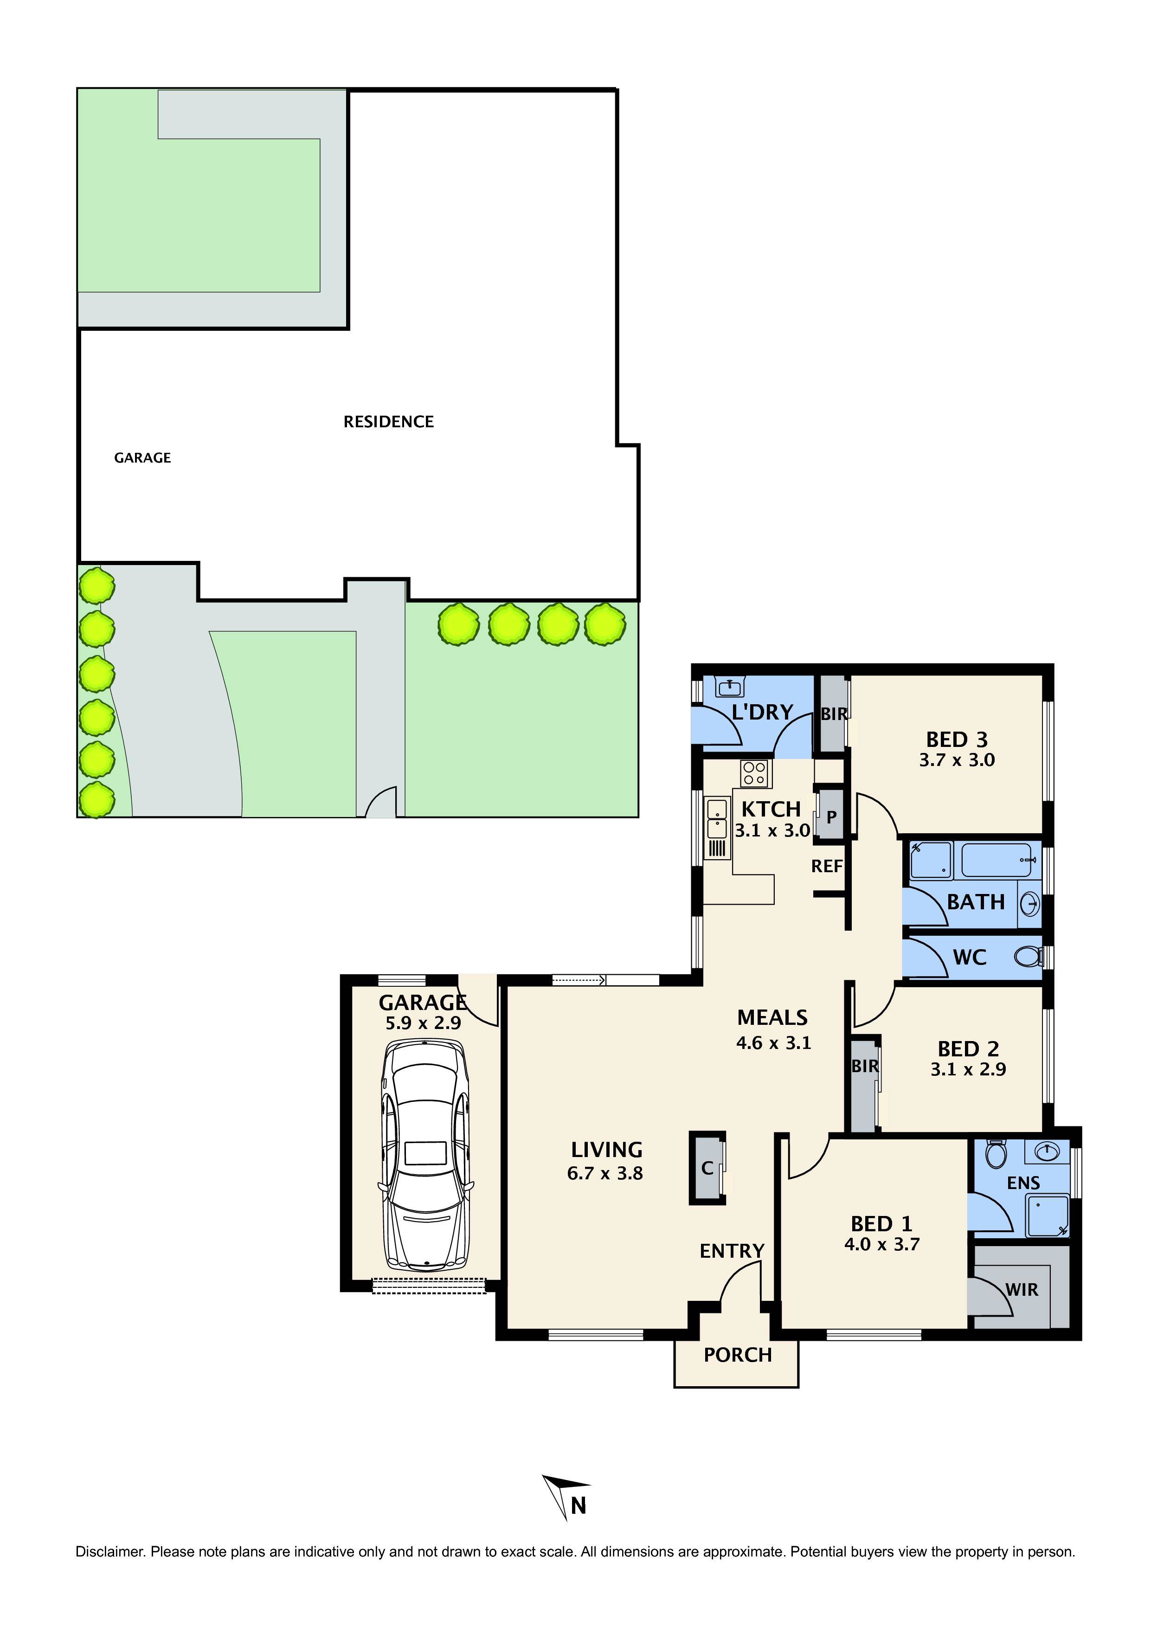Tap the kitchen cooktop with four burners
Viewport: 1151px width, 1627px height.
pyautogui.click(x=756, y=773)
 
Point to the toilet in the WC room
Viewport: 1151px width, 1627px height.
pyautogui.click(x=1026, y=958)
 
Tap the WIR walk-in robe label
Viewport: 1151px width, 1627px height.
pyautogui.click(x=1021, y=1290)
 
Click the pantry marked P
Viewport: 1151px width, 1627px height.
pyautogui.click(x=830, y=816)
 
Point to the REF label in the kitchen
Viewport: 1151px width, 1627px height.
pyautogui.click(x=826, y=866)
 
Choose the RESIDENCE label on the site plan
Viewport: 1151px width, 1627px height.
pyautogui.click(x=388, y=422)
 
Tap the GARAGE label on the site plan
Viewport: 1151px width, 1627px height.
pyautogui.click(x=142, y=458)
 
